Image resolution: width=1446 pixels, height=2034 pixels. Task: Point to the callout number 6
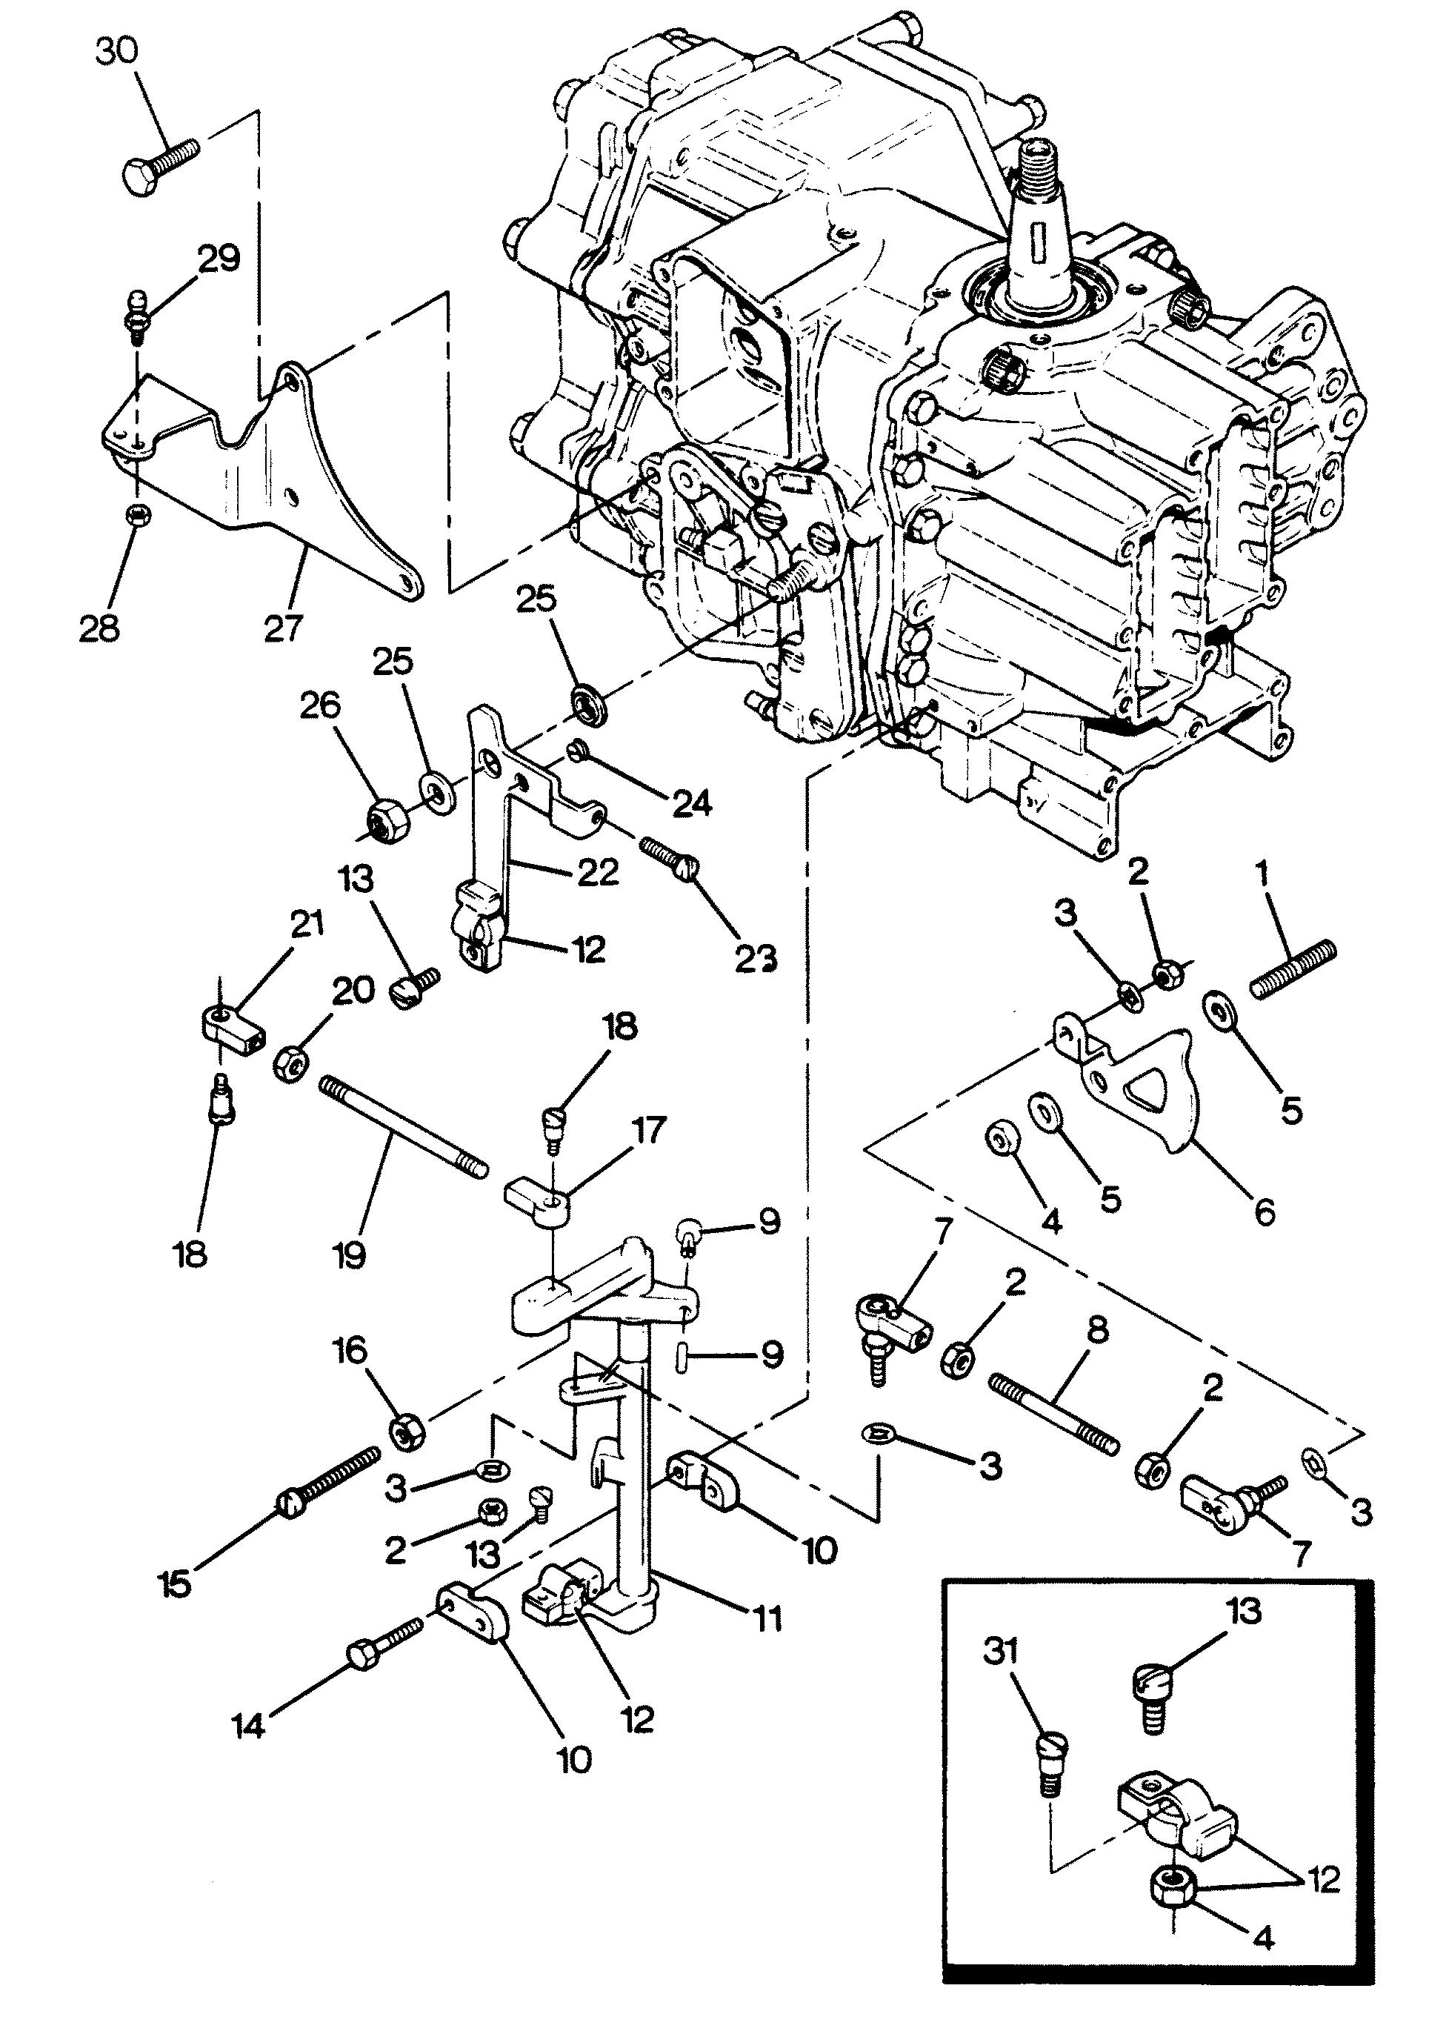pos(1265,1212)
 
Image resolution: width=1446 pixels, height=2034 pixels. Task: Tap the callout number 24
pos(692,804)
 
